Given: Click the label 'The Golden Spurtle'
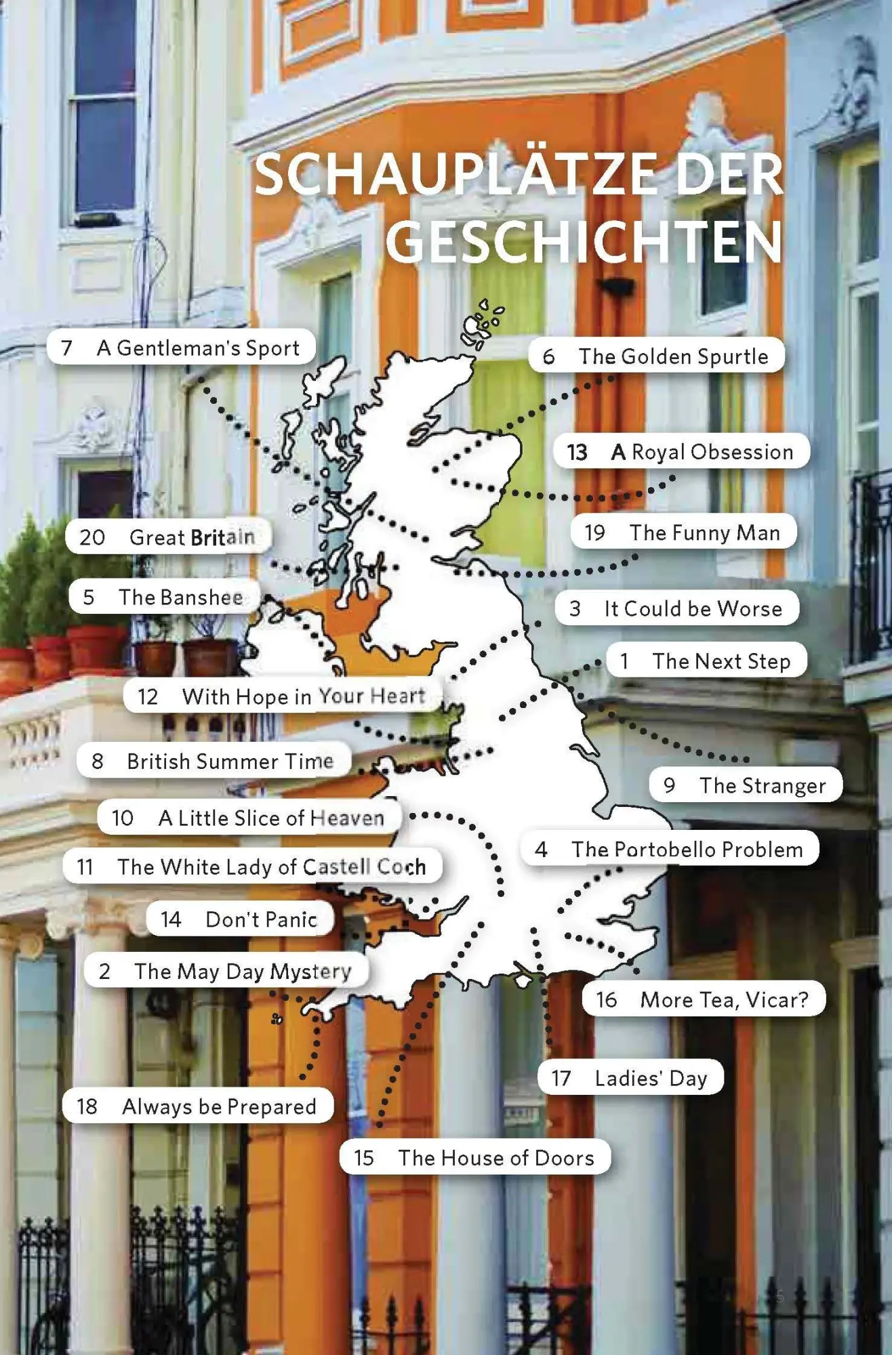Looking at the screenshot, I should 673,356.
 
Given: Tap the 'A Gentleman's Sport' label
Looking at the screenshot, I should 198,348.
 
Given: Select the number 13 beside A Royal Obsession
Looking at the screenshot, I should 577,452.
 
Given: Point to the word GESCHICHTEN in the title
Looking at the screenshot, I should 584,242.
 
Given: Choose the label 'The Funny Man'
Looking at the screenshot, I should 705,533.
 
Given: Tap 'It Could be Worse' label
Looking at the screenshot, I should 693,608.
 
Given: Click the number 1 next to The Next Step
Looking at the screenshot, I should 624,661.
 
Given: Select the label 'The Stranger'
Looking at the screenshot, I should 763,785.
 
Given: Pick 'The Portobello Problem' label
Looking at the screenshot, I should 687,850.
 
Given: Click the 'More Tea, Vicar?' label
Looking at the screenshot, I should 724,999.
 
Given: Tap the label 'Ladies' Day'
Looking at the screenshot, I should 651,1078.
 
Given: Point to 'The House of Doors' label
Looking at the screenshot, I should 495,1158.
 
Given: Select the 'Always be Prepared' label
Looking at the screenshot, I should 219,1106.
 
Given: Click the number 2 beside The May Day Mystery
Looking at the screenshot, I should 104,972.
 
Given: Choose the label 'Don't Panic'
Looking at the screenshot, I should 261,919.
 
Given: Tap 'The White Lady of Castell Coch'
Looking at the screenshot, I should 271,867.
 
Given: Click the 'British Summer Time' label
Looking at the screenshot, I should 230,761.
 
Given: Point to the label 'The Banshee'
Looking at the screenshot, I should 180,597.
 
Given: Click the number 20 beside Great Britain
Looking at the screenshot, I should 92,537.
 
